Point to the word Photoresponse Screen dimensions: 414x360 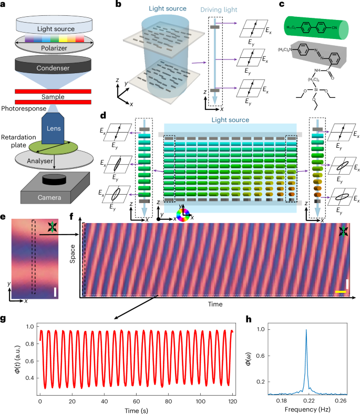(x=22, y=108)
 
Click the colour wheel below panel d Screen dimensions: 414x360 (x=183, y=215)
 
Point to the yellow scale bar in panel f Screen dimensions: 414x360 (x=340, y=290)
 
